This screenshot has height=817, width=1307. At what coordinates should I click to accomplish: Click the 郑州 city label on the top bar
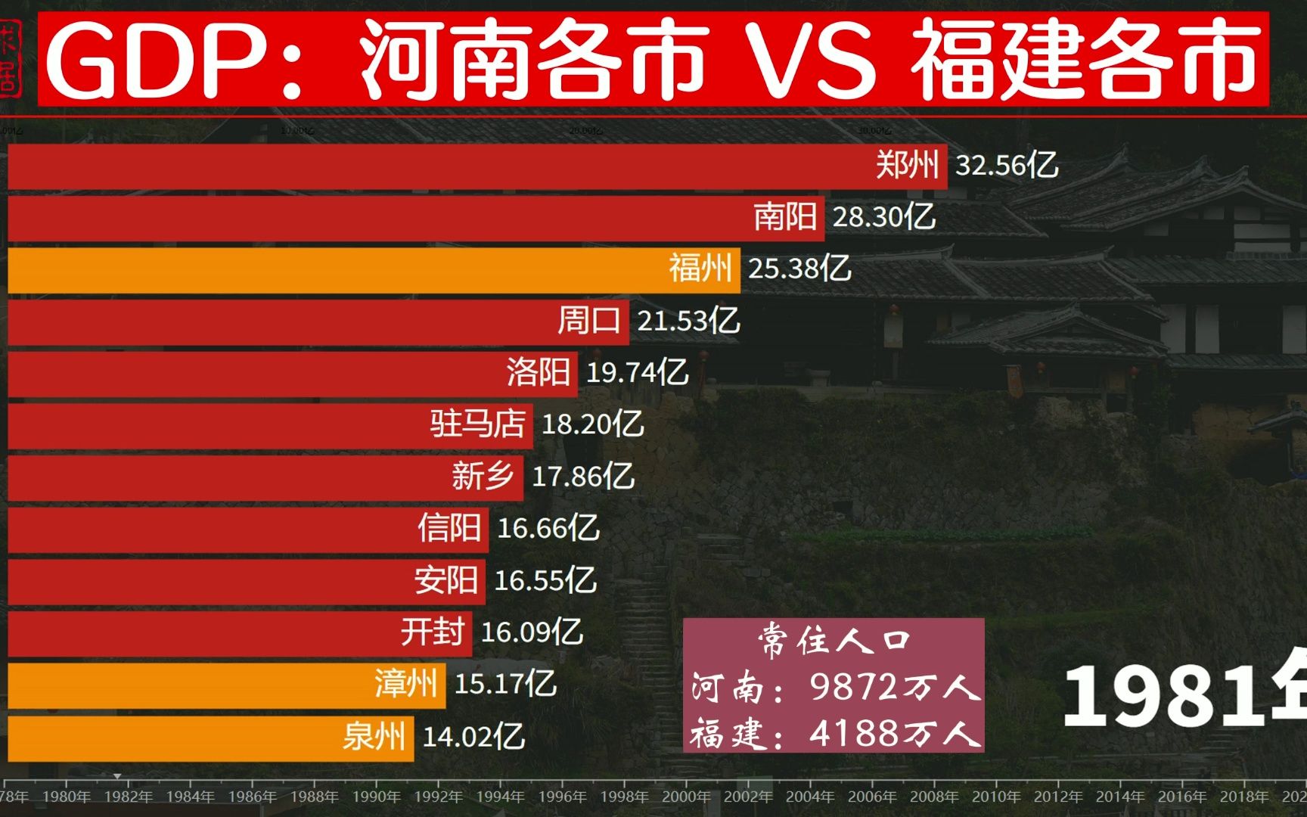click(906, 165)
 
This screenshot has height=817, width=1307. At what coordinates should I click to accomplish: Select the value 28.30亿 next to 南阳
click(883, 218)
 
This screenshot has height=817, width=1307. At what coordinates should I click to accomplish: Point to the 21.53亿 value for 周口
click(688, 322)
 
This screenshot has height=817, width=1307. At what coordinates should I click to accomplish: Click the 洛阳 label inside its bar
click(538, 373)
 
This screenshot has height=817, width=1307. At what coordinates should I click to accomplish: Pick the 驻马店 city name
click(477, 424)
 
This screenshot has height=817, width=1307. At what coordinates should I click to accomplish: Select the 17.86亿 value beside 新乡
click(582, 477)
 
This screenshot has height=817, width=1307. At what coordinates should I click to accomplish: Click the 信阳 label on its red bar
click(449, 528)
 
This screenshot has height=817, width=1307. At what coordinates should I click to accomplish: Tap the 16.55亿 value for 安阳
click(545, 581)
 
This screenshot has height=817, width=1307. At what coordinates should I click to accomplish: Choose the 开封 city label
click(432, 632)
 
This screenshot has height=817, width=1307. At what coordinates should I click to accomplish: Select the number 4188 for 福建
click(853, 733)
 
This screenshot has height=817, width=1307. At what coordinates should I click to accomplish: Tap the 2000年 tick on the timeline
click(686, 797)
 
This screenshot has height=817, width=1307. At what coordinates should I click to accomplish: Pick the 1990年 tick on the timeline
click(376, 797)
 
